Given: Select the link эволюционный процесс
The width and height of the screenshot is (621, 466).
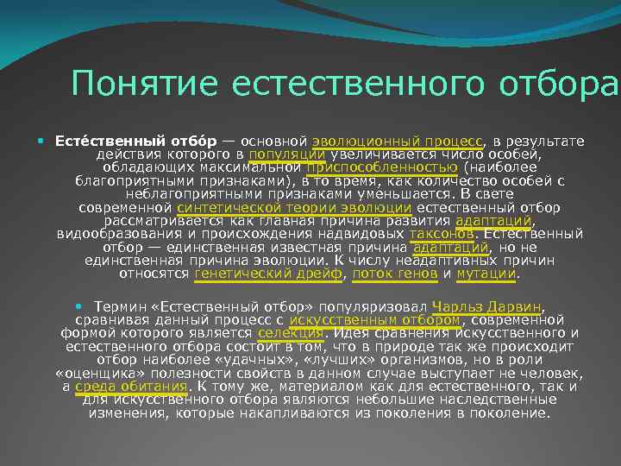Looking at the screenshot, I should pyautogui.click(x=398, y=142).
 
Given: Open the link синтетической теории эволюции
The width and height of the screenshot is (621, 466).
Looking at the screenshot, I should pyautogui.click(x=294, y=208).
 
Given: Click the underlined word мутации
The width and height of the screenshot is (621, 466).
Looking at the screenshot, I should pyautogui.click(x=486, y=274).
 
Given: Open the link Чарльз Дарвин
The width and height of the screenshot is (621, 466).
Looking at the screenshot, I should pyautogui.click(x=487, y=306).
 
